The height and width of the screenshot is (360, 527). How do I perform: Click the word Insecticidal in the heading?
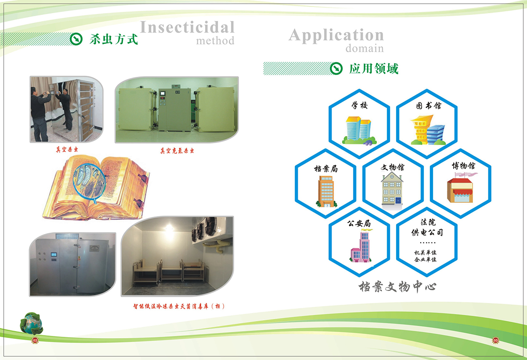coord(187,27)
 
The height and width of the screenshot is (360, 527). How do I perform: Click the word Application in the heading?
coord(336,36)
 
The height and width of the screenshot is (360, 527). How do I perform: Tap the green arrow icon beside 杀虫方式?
coord(76,39)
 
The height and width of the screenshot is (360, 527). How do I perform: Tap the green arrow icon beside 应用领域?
coord(336,68)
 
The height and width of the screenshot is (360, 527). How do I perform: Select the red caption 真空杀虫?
coord(67,150)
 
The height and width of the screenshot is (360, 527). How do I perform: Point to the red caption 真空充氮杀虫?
coord(177,151)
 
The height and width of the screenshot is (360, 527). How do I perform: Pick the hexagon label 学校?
coord(359,105)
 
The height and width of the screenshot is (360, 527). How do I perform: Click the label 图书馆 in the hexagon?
coord(429,106)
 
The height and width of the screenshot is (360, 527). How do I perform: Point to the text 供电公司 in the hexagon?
coord(427,232)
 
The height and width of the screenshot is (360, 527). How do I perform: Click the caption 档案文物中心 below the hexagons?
coord(397,287)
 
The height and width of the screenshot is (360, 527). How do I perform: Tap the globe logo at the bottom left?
coord(32,323)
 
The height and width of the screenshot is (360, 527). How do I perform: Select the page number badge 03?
coord(495,340)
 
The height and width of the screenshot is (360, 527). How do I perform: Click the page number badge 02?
coord(35,340)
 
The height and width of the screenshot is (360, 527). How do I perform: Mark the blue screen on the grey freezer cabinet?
coord(54,255)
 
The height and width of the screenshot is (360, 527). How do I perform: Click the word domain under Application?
coord(365,48)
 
